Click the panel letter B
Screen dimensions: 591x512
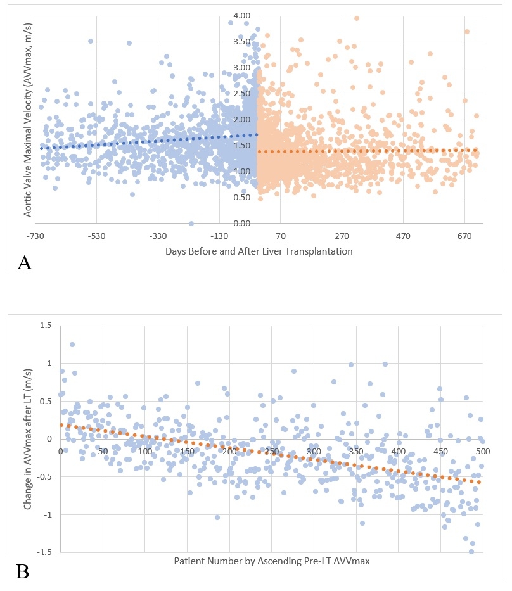[22, 572]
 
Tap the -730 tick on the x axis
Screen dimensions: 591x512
[35, 236]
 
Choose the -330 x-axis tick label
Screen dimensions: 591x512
[158, 236]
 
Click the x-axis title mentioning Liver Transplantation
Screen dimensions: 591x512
[259, 251]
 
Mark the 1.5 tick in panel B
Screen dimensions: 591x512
[44, 325]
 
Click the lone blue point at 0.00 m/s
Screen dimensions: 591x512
[191, 224]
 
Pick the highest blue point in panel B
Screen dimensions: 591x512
[72, 345]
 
